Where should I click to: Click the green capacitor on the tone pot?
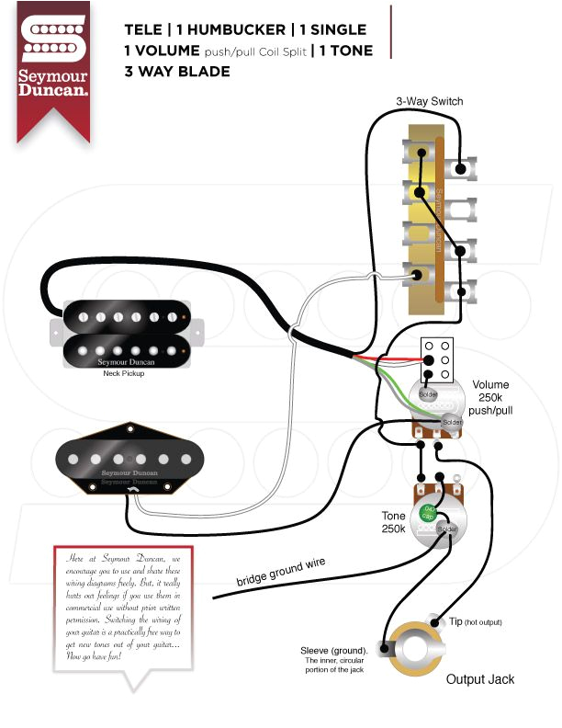[x=428, y=511]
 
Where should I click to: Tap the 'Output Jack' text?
[x=480, y=679]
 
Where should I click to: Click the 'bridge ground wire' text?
[x=281, y=572]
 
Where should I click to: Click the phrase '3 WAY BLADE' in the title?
[x=177, y=71]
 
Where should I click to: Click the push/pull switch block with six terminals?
[x=437, y=359]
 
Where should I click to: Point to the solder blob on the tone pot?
[x=447, y=530]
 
